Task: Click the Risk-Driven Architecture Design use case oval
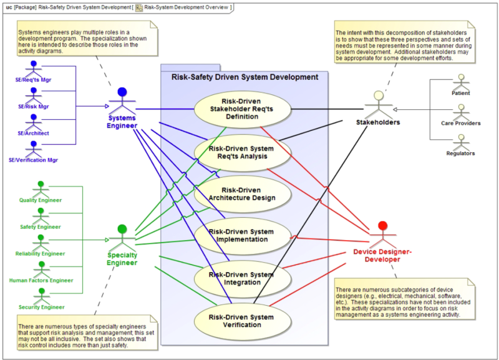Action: (243, 194)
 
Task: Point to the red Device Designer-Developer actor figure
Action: (382, 234)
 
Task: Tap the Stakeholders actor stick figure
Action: (378, 103)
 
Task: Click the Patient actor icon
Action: (460, 82)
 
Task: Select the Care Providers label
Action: (460, 123)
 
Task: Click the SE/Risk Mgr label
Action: (32, 106)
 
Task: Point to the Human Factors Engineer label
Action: (41, 280)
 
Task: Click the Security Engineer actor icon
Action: (41, 294)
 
